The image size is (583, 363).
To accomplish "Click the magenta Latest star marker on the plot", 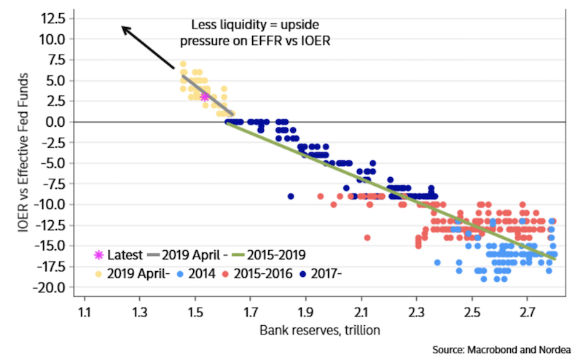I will click(205, 96).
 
